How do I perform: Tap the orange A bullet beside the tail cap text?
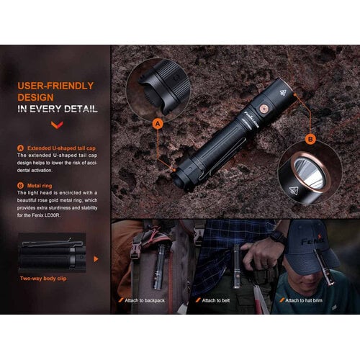[20, 148]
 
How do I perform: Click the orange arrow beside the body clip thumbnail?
[96, 258]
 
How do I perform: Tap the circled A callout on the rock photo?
[158, 123]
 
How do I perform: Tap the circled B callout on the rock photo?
[310, 139]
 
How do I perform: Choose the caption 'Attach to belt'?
[217, 300]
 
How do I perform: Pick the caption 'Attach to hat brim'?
[306, 300]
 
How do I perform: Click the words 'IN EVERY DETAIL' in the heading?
[58, 109]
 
